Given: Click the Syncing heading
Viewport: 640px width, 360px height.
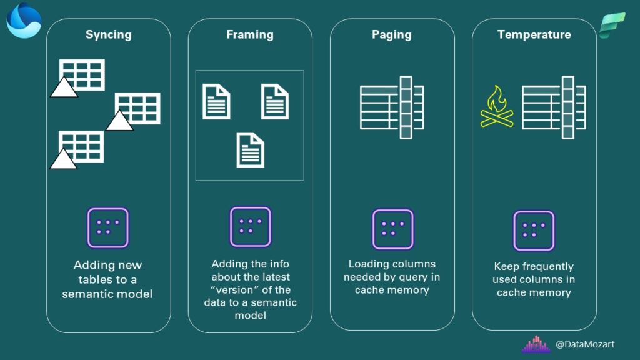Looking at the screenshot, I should click(108, 35).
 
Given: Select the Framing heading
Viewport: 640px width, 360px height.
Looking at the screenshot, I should click(250, 35).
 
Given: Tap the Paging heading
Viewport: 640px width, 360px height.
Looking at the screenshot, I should click(392, 35).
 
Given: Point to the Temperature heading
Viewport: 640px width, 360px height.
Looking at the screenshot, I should click(534, 35).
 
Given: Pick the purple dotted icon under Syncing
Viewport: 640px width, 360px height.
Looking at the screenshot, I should click(108, 228).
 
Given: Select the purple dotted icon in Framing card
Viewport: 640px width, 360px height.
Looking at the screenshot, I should click(250, 227).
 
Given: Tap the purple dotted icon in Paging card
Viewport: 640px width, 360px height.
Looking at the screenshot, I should click(392, 229).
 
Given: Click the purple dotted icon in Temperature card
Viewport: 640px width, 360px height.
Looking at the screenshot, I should click(534, 231).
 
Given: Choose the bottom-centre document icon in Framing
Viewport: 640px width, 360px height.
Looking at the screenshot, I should click(250, 150).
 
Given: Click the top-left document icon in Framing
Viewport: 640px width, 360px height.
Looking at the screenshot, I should click(216, 101).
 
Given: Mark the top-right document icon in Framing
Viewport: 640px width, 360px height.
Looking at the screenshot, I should click(275, 101).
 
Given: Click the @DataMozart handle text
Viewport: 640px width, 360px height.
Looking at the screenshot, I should click(584, 344).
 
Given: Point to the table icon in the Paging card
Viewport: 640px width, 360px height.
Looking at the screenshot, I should click(392, 107).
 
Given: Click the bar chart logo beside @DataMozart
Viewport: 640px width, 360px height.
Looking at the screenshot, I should click(536, 344).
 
